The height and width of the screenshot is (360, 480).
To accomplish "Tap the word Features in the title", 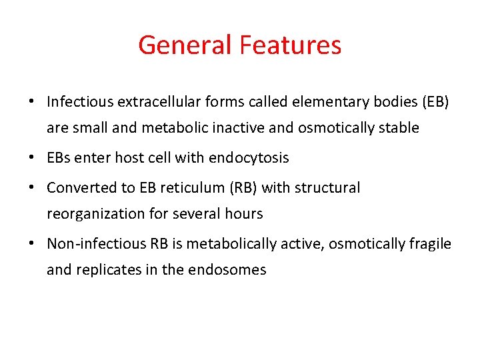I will [291, 45].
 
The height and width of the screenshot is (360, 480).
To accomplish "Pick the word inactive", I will [223, 127].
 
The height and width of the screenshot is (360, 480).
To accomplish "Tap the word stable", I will [401, 127].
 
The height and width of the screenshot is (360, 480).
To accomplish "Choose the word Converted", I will [75, 188].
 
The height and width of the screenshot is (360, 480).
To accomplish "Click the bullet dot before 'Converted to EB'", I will [31, 189].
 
